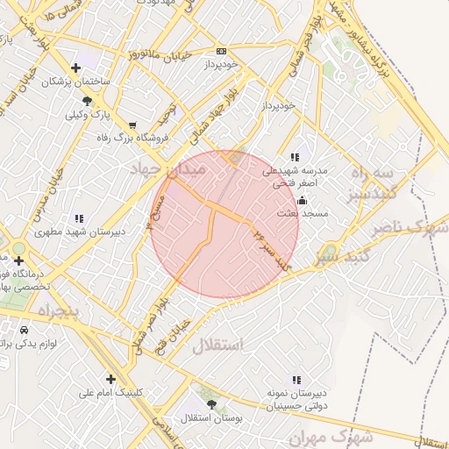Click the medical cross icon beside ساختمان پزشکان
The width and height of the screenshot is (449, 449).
(76, 67)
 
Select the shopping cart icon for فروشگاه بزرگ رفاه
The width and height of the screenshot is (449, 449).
(132, 125)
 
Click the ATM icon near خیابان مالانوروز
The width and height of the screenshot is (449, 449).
(220, 51)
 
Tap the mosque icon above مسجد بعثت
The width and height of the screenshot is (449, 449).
(303, 199)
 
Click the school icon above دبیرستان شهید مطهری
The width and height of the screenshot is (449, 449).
(79, 218)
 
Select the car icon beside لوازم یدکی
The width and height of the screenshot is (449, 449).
(23, 330)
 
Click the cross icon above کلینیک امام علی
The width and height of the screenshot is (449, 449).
(110, 379)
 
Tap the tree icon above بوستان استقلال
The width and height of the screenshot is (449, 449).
(211, 404)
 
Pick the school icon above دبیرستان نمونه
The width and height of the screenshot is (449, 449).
(296, 380)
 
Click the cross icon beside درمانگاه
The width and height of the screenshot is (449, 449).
(18, 260)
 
